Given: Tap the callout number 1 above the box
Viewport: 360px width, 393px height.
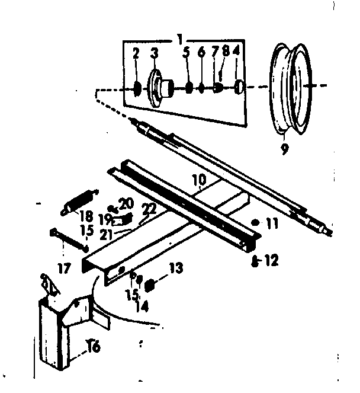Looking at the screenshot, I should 178,39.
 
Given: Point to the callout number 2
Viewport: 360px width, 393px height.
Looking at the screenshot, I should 136,54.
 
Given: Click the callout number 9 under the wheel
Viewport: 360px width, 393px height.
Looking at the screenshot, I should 285,149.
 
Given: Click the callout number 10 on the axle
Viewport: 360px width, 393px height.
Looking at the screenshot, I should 198,178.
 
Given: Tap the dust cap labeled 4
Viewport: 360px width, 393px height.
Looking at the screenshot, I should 240,88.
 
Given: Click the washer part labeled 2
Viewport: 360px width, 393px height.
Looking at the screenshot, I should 136,88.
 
